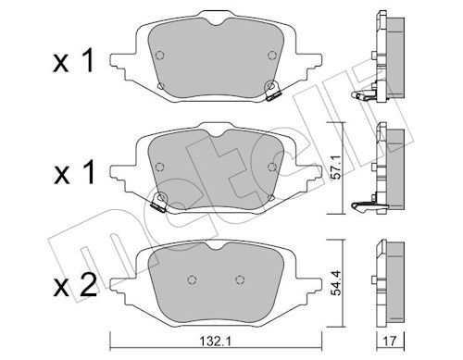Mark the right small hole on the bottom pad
click(240, 280)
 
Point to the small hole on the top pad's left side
click(161, 88)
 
